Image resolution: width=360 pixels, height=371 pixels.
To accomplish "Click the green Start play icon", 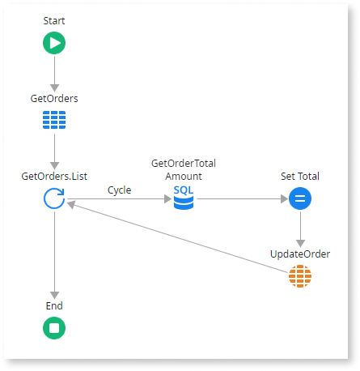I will tap(54, 43).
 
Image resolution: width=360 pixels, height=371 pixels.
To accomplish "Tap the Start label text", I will tap(54, 20).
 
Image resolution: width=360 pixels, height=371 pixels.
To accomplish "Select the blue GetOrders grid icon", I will tap(54, 121).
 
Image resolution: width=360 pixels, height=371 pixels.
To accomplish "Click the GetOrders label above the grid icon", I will tap(54, 98).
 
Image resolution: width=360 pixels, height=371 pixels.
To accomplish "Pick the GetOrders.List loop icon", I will tap(54, 198).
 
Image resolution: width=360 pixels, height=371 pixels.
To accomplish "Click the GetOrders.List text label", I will tap(54, 175).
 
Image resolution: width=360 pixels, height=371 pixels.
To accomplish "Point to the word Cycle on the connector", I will tap(120, 190).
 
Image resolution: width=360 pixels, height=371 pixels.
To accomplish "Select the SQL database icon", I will tap(184, 198).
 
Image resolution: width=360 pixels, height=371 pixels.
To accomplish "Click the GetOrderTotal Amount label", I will tap(184, 169).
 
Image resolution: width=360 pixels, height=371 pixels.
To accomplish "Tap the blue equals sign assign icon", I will tap(300, 198).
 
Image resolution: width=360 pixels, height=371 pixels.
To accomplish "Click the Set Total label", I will tap(300, 175).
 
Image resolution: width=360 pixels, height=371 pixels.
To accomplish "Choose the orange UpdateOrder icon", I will tap(300, 277).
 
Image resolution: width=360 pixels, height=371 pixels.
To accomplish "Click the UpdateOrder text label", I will tap(300, 254).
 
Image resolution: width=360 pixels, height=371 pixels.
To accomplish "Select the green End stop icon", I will tap(54, 329).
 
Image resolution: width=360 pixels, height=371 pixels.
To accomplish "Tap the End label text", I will tap(54, 306).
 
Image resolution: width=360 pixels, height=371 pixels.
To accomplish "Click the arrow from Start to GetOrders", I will tap(54, 73).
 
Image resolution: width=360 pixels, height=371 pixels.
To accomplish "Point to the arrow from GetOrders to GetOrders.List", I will tap(54, 151).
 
